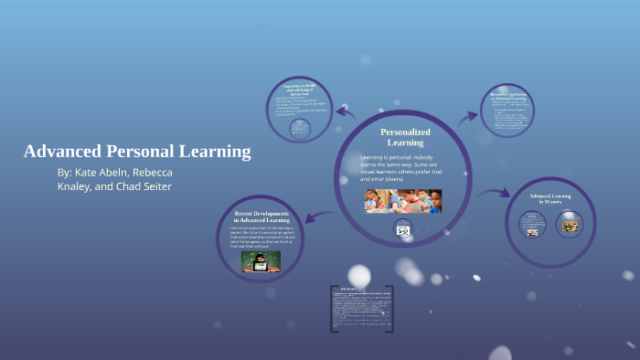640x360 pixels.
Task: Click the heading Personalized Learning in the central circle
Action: [x=404, y=137]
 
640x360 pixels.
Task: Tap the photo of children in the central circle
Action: [x=402, y=201]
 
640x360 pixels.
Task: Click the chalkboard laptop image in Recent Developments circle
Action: [x=261, y=261]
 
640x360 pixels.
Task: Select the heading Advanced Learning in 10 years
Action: [x=549, y=200]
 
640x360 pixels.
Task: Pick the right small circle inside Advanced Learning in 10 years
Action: [x=569, y=224]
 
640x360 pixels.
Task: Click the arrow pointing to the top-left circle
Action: [x=346, y=112]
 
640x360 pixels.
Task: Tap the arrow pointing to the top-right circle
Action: [x=467, y=116]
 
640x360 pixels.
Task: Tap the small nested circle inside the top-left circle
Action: [x=298, y=129]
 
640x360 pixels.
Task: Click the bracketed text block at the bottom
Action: [x=361, y=308]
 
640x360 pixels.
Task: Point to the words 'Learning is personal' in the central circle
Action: [x=385, y=158]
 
